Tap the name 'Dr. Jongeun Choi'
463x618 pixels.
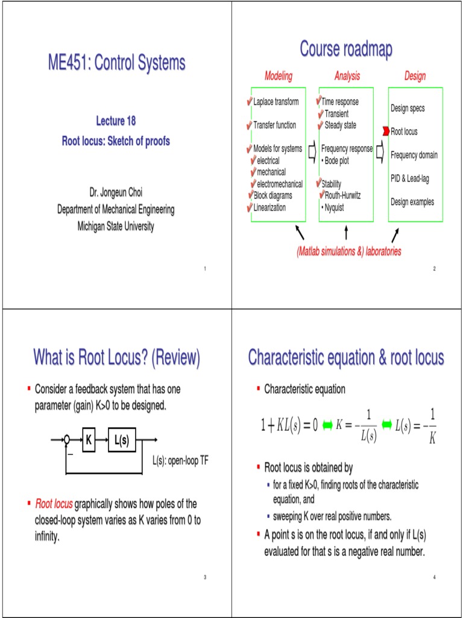[116, 193]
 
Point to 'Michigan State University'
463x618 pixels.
[116, 226]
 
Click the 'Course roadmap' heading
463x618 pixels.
[347, 50]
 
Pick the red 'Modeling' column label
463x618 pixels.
[279, 76]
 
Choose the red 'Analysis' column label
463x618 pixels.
[347, 76]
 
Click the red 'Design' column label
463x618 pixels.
[415, 76]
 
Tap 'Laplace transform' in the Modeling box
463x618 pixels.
[276, 102]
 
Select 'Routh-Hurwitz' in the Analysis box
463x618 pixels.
[342, 196]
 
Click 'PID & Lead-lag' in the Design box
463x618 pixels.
[410, 179]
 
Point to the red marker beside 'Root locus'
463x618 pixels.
[386, 132]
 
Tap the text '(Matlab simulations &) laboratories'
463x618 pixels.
[348, 251]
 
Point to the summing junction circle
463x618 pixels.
[68, 440]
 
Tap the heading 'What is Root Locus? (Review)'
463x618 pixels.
[116, 358]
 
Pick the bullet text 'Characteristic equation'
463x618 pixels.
[304, 389]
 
